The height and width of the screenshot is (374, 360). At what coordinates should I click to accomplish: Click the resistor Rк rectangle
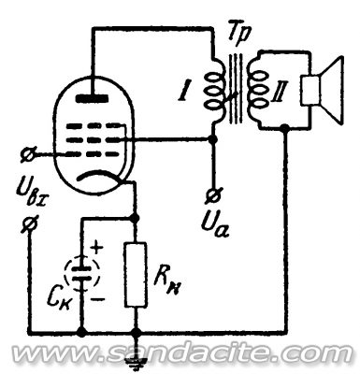[136, 274]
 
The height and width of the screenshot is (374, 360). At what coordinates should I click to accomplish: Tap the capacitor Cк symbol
[82, 274]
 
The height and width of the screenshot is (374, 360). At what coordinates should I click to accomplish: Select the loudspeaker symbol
[322, 90]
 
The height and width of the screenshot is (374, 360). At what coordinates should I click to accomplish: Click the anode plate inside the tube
[93, 99]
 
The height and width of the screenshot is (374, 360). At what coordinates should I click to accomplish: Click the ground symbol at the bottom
[136, 363]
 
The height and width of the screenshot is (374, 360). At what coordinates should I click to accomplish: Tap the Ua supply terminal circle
[214, 195]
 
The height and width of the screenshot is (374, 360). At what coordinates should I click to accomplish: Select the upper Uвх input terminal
[29, 154]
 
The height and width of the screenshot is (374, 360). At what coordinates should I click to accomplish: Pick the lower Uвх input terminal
[30, 223]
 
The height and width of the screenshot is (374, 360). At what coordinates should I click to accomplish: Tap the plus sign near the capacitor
[97, 249]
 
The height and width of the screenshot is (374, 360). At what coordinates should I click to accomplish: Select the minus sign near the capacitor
[98, 300]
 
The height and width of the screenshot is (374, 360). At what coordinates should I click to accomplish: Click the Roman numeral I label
[183, 90]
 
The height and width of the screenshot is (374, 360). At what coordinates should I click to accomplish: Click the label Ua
[216, 223]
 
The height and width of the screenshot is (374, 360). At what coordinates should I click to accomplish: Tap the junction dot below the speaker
[284, 127]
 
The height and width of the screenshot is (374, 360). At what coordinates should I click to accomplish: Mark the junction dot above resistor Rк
[136, 218]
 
